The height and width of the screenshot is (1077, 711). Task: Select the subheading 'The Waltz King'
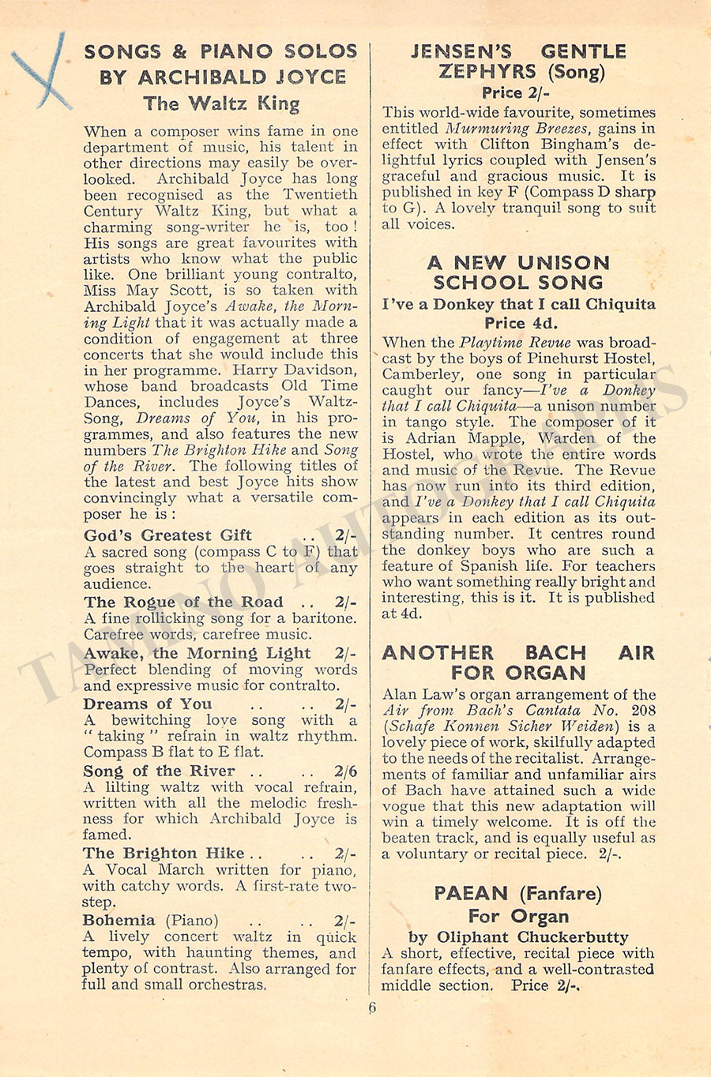tap(221, 103)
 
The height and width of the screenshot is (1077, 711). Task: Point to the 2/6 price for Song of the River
tap(345, 771)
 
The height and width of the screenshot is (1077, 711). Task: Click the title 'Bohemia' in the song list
tap(119, 921)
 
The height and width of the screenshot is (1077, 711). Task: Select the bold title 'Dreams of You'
tap(148, 704)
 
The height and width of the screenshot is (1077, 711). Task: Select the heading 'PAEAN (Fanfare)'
tap(517, 894)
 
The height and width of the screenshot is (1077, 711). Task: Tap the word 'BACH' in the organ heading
tap(555, 653)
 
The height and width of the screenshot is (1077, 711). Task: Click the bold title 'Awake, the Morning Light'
tap(197, 654)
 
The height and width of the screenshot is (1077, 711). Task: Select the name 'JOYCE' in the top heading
tap(310, 77)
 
